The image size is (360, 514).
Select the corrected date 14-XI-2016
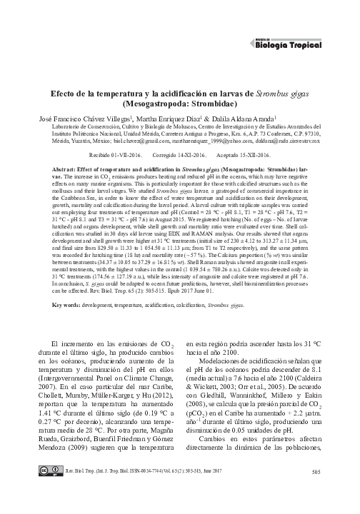[184, 153]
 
